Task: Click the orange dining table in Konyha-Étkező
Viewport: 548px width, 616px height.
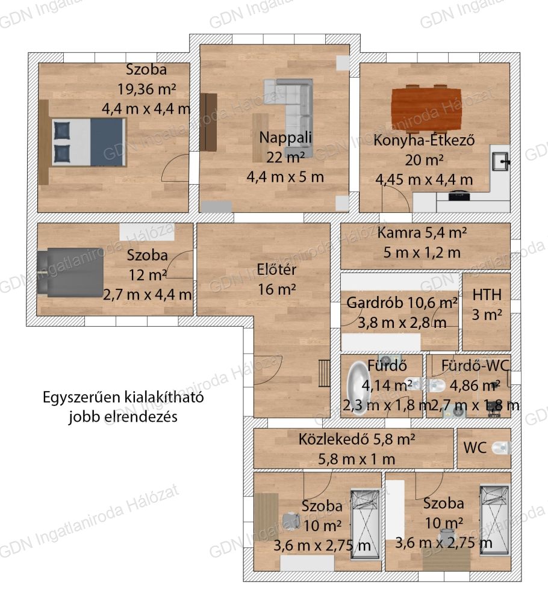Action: tap(426, 108)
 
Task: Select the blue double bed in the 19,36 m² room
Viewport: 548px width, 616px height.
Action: tap(88, 142)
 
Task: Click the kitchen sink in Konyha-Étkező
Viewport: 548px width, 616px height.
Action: tap(500, 161)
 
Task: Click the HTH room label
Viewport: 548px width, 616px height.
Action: tap(487, 295)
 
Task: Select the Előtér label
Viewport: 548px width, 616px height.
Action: tap(276, 269)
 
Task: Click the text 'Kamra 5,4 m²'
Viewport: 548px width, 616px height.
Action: tap(422, 233)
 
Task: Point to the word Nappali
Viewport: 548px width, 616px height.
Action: tap(285, 138)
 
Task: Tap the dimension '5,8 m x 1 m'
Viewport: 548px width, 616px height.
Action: tap(357, 459)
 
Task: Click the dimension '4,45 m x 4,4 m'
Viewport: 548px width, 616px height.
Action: tap(424, 179)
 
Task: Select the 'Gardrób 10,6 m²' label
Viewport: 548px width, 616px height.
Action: tap(402, 303)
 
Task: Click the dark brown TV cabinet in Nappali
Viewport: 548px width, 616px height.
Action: tap(208, 122)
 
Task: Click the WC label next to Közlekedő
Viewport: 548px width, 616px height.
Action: tap(475, 448)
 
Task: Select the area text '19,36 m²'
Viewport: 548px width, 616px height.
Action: tap(147, 89)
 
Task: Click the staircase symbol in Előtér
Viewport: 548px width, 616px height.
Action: tap(324, 373)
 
